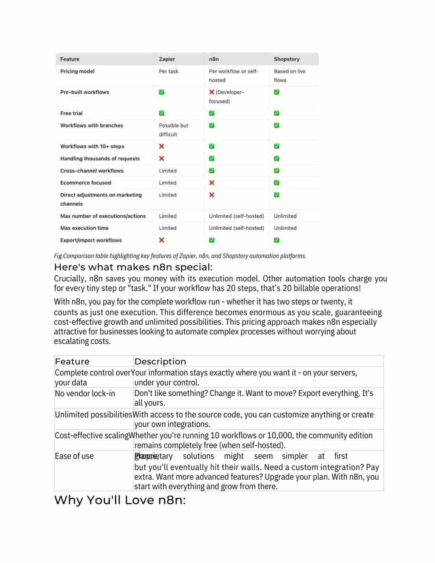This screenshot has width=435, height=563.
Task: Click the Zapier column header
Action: point(167,59)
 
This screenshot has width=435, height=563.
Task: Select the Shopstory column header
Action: point(287,59)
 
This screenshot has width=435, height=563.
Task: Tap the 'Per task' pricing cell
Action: point(168,71)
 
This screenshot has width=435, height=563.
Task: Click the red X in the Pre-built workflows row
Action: point(212,92)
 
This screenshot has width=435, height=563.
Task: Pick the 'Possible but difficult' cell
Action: point(173,130)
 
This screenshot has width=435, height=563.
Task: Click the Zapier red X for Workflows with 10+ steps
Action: point(161,146)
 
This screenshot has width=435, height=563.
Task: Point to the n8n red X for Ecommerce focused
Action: point(212,183)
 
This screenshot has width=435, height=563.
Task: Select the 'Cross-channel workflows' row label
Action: point(92,171)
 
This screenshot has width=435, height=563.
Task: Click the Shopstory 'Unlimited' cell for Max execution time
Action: point(285,228)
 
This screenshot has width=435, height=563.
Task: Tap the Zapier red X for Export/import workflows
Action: point(161,240)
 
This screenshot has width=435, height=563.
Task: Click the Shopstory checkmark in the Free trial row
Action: point(276,113)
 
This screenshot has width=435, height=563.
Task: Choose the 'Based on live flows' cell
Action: point(289,76)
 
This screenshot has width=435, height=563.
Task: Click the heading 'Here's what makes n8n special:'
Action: point(133,267)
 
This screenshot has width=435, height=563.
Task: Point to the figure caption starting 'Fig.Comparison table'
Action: point(180,256)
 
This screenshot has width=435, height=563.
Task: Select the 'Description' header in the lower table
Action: point(160,361)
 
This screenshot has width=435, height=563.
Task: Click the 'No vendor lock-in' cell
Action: point(85,393)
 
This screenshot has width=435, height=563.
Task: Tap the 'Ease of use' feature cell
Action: point(74,456)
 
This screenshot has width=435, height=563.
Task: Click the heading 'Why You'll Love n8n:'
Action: point(120,500)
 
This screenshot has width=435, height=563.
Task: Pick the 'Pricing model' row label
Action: point(77,71)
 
